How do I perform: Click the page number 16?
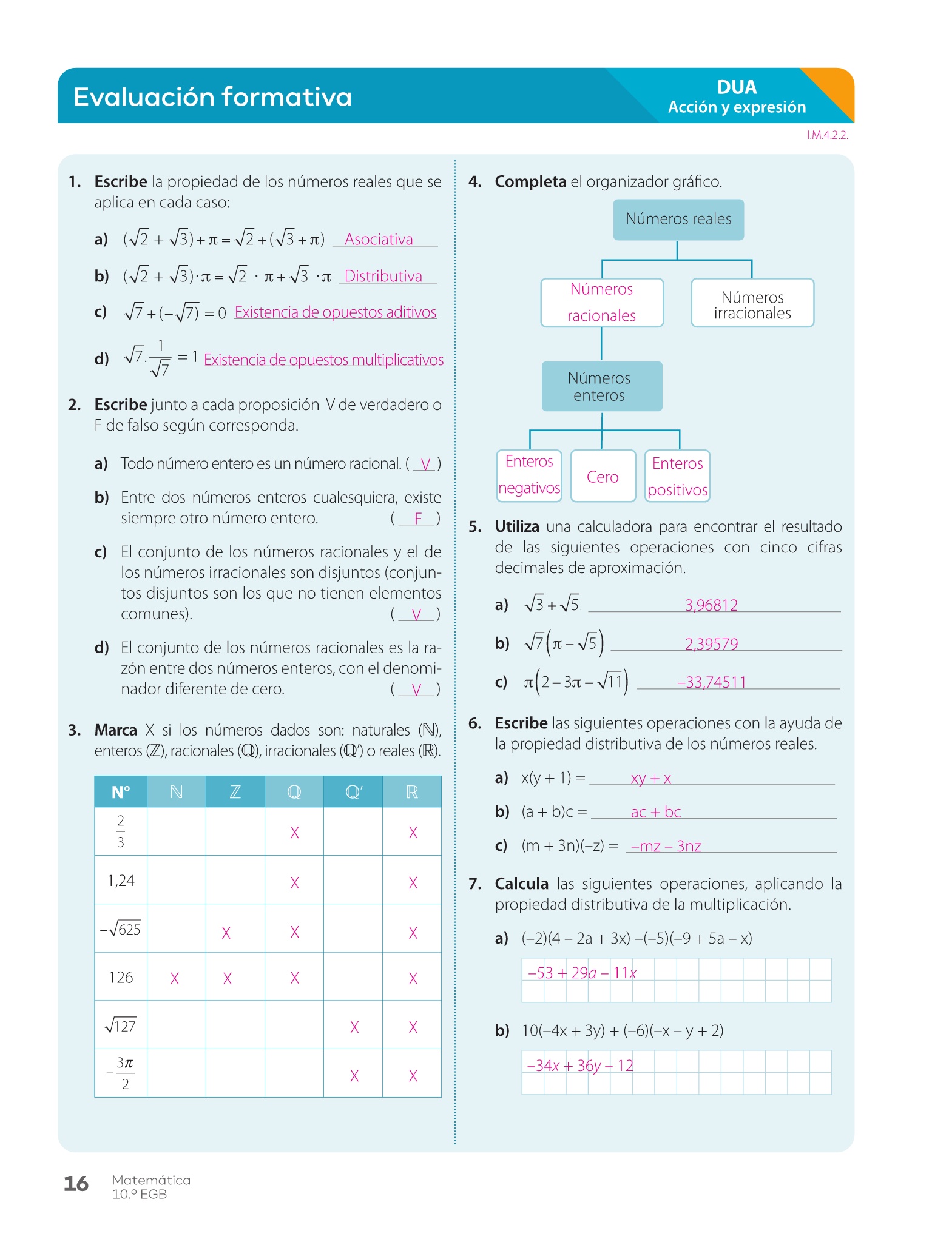pos(76,1183)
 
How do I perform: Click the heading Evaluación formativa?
pos(212,97)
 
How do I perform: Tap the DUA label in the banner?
pos(737,87)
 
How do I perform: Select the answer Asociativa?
pos(379,240)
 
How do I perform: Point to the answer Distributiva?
pos(383,277)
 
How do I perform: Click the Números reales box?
pos(678,219)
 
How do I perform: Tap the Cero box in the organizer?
pos(603,477)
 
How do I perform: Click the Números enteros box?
pos(599,386)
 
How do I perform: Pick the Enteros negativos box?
pos(529,475)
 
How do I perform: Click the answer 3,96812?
pos(711,605)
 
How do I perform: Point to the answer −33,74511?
pos(711,683)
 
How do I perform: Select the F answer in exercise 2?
pos(418,519)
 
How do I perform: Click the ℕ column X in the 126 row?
pos(175,978)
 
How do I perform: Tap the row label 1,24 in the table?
pos(121,881)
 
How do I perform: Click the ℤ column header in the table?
pos(235,792)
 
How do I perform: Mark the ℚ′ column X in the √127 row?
pos(354,1027)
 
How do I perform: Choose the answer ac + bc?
pos(655,813)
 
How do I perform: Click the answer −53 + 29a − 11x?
pos(582,973)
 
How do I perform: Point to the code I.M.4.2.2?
pos(827,135)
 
